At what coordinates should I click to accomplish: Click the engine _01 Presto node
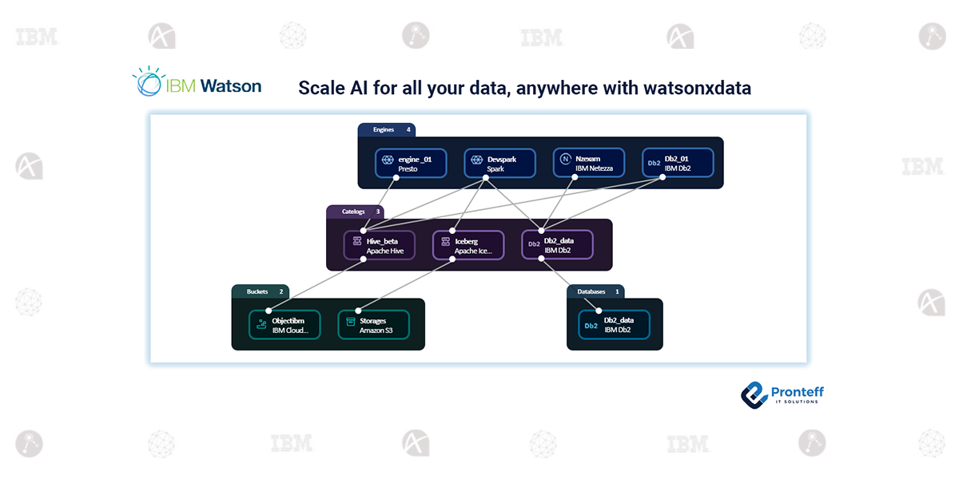pos(410,164)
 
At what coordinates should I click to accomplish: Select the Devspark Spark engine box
pos(499,164)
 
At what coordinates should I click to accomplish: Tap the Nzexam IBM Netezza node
pos(588,164)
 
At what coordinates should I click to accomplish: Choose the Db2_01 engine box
pos(678,164)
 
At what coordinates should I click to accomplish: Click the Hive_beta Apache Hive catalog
pos(380,245)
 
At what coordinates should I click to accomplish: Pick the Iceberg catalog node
pos(468,245)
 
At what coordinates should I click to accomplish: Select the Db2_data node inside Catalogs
pos(557,245)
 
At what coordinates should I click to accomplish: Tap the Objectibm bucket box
pos(285,325)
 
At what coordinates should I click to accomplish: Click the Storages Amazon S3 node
pos(373,325)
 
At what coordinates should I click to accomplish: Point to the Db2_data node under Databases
pos(614,325)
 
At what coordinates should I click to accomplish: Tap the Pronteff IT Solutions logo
pos(782,394)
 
